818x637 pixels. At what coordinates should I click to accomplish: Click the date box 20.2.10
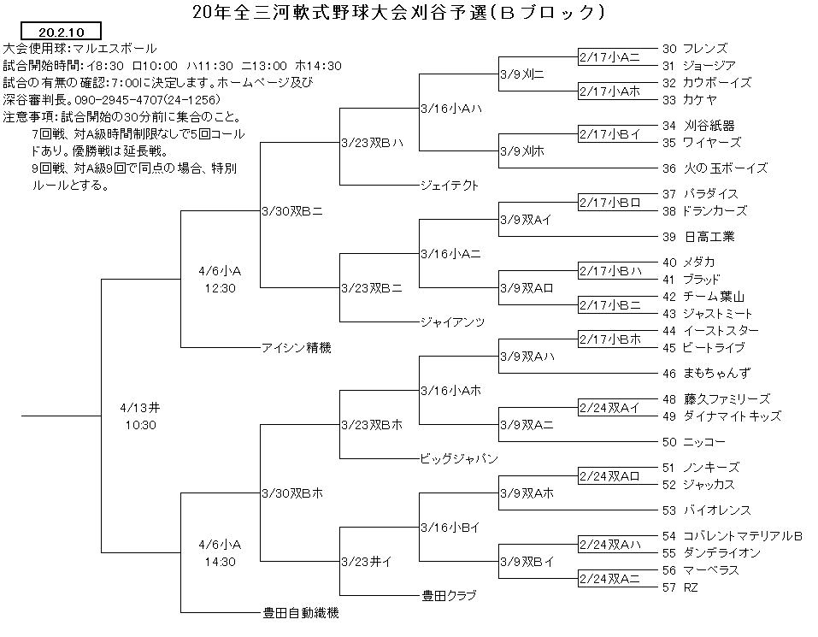tap(61, 32)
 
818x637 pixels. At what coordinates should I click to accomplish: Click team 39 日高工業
tap(698, 237)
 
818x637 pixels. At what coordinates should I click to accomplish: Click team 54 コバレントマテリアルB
tap(732, 536)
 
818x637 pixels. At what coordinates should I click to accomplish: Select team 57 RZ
tap(680, 587)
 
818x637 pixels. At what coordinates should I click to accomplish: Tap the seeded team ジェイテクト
tap(449, 186)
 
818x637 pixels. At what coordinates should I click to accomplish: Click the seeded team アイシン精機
tap(297, 347)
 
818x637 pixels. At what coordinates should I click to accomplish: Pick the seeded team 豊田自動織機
tap(301, 612)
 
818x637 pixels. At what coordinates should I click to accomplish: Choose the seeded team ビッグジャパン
tap(459, 458)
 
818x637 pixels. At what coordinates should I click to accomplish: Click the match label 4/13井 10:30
tap(140, 416)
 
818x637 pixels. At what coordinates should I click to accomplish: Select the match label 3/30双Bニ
tap(292, 211)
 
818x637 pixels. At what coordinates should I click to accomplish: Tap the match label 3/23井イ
tap(366, 562)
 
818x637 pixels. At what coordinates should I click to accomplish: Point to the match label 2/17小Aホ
tap(609, 91)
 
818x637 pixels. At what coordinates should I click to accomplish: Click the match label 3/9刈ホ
tap(522, 151)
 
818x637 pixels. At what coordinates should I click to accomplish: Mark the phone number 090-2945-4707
tap(119, 100)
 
